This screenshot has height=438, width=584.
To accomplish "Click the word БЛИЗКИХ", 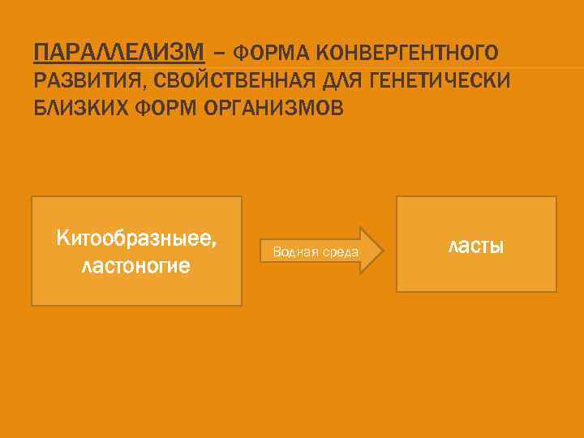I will click(x=78, y=107).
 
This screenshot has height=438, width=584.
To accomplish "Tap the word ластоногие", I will click(x=136, y=264).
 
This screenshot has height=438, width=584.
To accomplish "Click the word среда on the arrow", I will click(x=341, y=252).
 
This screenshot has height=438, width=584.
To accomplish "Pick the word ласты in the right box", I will click(x=476, y=244).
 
